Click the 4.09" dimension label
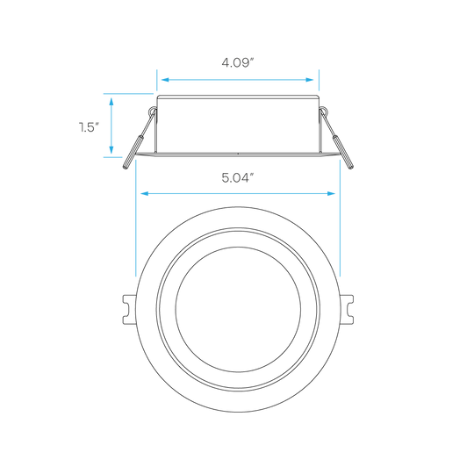coord(237,63)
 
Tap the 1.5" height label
coord(89,127)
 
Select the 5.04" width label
coord(237,177)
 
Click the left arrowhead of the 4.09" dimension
coord(165,80)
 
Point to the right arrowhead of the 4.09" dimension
coord(310,80)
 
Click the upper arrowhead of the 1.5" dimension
coord(111,102)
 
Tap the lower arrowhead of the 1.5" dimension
coord(111,149)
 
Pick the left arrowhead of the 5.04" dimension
coord(144,193)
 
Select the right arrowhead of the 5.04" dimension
coord(331,193)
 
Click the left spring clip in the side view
coord(139,139)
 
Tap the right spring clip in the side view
coord(337,139)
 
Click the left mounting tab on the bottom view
coord(129,310)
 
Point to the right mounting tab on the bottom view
coord(347,310)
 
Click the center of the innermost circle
coord(238,310)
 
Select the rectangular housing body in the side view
coord(238,124)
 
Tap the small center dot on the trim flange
coord(238,154)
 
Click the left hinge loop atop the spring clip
coord(153,111)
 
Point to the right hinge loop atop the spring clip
coord(323,111)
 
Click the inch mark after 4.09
coord(251,60)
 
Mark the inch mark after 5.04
coord(251,175)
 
